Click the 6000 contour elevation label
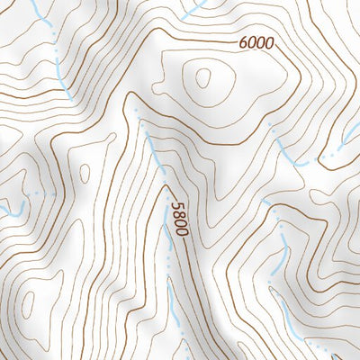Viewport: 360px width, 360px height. click(256, 42)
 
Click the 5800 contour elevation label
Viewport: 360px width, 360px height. click(178, 218)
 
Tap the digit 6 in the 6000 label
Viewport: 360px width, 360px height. click(244, 41)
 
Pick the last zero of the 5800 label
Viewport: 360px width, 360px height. click(181, 231)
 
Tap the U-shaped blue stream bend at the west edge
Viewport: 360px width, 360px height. click(13, 211)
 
